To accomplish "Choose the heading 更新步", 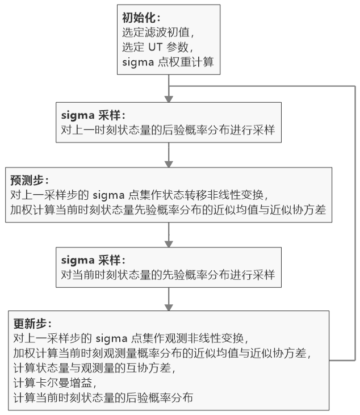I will tap(32, 324).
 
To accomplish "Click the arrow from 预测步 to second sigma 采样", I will tap(169, 234).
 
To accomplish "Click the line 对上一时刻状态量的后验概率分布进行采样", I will tap(168, 130).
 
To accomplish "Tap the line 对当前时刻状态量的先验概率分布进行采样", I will tap(168, 275).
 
